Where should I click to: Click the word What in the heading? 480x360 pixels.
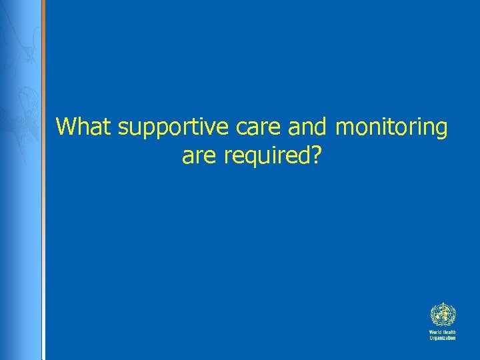click(85, 126)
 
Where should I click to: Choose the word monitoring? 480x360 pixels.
click(391, 127)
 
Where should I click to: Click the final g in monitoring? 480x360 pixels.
click(441, 129)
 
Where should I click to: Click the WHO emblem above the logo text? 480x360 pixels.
click(442, 315)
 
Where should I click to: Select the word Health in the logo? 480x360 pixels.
click(449, 332)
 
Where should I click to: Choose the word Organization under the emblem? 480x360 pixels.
click(442, 338)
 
